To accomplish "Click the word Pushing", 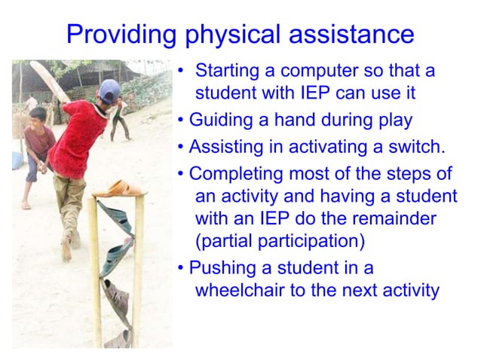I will click(220, 267).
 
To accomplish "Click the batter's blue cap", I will click(109, 90).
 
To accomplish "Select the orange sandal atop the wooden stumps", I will click(121, 188).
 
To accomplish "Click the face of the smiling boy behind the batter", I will click(38, 118).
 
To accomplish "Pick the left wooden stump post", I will click(97, 271).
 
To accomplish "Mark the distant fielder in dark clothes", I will click(118, 117).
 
